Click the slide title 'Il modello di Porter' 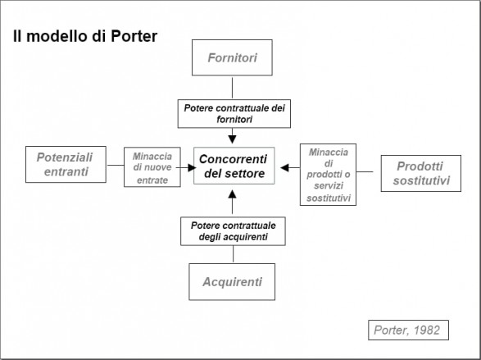[85, 36]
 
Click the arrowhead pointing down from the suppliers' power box [232, 139]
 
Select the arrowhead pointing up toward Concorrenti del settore [232, 194]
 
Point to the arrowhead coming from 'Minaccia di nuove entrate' [192, 167]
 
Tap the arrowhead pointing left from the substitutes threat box [284, 167]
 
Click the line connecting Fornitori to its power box [232, 88]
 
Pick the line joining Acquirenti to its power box [234, 254]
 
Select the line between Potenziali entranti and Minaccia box [116, 165]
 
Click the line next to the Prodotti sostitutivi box [365, 171]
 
